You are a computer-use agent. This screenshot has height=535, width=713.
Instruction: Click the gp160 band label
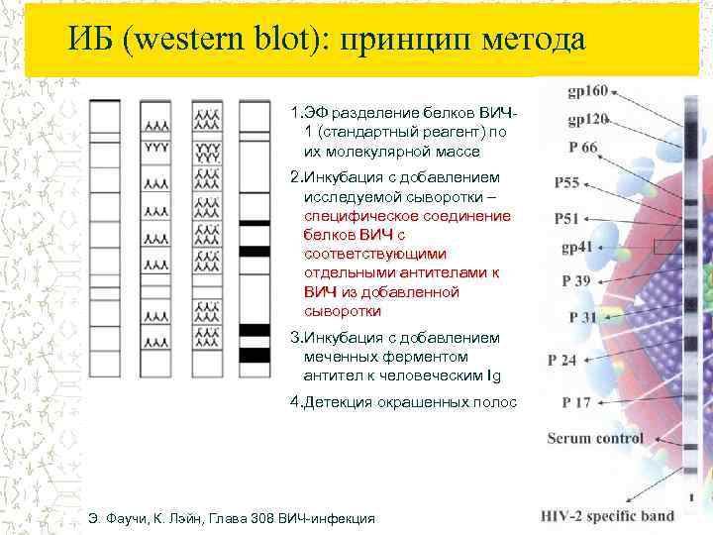click(x=587, y=91)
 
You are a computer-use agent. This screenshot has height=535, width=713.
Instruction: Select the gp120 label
click(x=587, y=121)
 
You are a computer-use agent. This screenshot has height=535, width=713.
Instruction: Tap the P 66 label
click(x=583, y=148)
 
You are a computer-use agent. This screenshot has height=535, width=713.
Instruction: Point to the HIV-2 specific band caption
click(x=608, y=515)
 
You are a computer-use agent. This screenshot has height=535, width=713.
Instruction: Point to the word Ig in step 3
click(x=495, y=375)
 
